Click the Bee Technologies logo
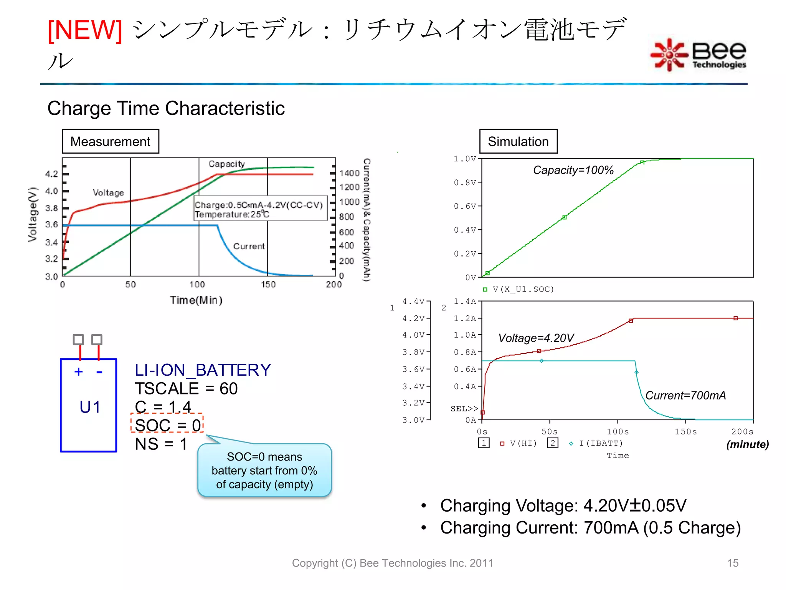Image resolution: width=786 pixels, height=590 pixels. [x=698, y=55]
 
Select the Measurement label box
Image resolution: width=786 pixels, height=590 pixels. [x=110, y=141]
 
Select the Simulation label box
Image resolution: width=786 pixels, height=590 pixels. [x=518, y=141]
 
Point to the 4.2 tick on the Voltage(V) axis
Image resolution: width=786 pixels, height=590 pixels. [x=52, y=174]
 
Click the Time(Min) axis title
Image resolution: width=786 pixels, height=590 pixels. [x=196, y=300]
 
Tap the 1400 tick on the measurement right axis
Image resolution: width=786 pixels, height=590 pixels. [x=349, y=173]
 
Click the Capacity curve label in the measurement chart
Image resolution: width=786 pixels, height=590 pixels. [x=226, y=164]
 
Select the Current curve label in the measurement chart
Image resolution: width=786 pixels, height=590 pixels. [x=249, y=246]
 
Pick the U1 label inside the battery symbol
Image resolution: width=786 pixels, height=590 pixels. [x=90, y=407]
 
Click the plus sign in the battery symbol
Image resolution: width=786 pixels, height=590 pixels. [x=79, y=372]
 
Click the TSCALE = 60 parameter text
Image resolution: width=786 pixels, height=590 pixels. [x=186, y=389]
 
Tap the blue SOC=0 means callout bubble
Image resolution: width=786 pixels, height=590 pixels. [x=264, y=471]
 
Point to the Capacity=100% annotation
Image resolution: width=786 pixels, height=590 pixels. [x=573, y=170]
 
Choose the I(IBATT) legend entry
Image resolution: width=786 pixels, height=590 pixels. [x=600, y=443]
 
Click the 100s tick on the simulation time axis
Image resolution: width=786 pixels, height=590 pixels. [x=618, y=432]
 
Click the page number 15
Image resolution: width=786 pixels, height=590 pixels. [x=732, y=563]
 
